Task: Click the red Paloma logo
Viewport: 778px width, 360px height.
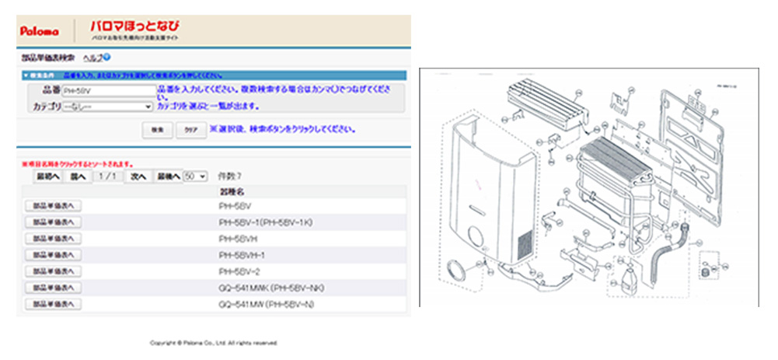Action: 35,31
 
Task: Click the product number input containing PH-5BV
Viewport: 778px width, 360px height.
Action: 108,91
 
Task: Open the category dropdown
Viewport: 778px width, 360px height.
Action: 108,105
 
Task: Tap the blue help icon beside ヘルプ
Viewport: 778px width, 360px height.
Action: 106,58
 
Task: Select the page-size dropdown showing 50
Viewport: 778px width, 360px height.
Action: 195,177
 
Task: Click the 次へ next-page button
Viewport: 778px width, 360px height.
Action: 138,177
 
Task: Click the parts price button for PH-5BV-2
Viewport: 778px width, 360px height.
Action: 53,271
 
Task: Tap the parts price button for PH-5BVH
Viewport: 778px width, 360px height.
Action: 53,238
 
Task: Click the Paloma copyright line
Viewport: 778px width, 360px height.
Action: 213,342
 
